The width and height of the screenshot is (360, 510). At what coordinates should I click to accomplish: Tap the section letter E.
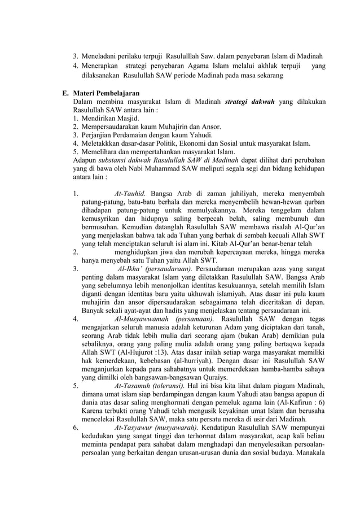click(65, 93)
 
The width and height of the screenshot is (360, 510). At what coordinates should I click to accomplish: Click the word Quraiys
click(213, 376)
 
